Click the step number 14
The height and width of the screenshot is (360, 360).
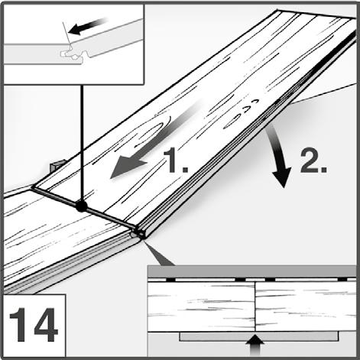click(32, 325)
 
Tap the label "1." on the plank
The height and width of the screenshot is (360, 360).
click(176, 160)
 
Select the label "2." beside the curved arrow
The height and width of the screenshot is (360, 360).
click(313, 161)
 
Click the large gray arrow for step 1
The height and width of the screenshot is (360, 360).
click(155, 140)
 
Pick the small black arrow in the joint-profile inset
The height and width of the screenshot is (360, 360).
click(88, 26)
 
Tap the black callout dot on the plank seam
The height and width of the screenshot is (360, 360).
click(81, 206)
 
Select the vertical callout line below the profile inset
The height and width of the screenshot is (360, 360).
click(82, 143)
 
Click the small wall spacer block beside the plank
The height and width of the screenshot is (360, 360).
click(57, 166)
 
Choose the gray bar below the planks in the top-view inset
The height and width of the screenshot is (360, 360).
click(259, 336)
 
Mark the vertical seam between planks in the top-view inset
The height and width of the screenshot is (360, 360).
click(255, 306)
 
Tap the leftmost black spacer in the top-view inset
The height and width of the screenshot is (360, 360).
click(170, 280)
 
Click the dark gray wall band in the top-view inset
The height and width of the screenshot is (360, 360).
click(251, 271)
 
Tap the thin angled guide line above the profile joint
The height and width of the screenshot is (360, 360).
click(66, 33)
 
